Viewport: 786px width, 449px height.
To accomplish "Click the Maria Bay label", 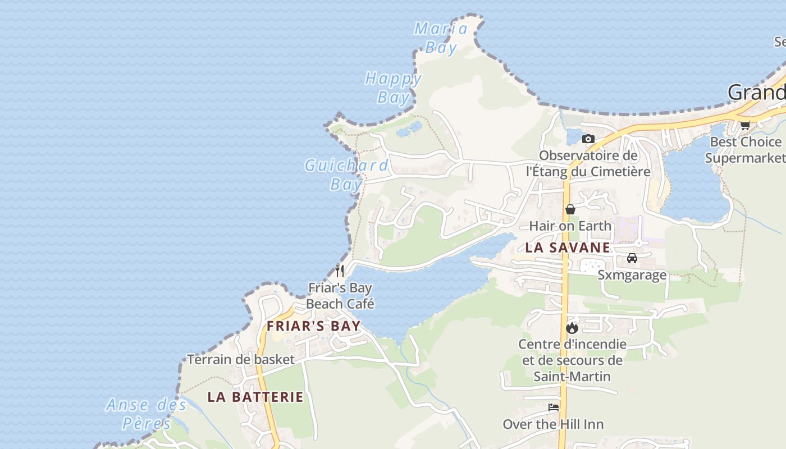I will coord(441,38).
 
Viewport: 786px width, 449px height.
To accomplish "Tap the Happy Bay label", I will coord(393,88).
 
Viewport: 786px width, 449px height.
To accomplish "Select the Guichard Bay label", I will coord(346,174).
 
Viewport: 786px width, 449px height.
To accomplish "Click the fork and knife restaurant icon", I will coord(340,271).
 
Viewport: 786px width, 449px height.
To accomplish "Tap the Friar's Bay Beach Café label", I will coord(340,296).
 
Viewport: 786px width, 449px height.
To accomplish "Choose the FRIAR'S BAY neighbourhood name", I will coord(313,326).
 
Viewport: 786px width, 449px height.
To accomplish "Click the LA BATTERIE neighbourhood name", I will coord(255,397).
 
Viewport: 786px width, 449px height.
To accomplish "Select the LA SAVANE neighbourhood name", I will coord(568,248).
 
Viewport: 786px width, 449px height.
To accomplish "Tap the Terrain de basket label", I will coord(241,359).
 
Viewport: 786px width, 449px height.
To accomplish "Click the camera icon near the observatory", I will coord(588,139).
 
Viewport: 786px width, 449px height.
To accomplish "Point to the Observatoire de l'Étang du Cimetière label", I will coord(588,163).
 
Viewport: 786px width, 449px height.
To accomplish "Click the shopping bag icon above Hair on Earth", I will coord(570,209).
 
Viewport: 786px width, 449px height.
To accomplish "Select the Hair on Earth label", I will coord(570,226).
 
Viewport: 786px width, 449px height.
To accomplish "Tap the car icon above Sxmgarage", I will coord(632,258).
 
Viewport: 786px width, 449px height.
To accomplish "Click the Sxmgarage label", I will coord(632,274).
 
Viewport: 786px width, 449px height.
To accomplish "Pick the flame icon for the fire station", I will coord(572,328).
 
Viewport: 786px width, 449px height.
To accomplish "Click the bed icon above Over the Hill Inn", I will coord(554,407).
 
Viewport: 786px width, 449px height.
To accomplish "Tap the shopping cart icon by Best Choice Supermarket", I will coord(745,125).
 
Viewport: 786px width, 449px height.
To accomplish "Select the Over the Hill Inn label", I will coord(554,424).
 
